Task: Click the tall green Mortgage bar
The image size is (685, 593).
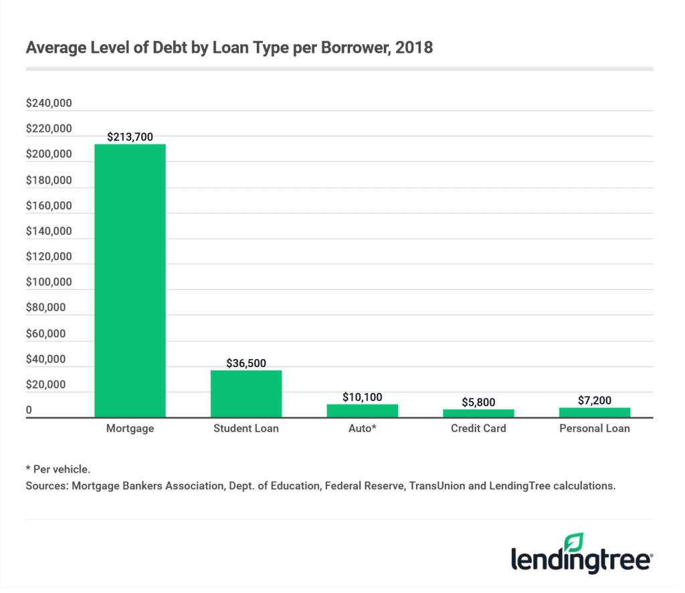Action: click(x=130, y=281)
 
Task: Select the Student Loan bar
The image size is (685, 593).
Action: click(x=246, y=394)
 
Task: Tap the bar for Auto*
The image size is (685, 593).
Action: click(x=362, y=410)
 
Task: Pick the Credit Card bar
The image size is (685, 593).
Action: click(x=478, y=413)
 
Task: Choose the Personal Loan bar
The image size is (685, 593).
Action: click(x=594, y=412)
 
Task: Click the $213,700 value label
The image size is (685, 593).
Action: click(x=130, y=137)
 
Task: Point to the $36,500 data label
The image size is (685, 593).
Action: click(x=246, y=364)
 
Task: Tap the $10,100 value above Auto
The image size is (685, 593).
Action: click(x=362, y=397)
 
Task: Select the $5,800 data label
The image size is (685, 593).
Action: click(x=478, y=402)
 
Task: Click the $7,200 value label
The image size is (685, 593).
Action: click(x=594, y=400)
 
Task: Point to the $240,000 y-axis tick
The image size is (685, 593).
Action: click(x=48, y=104)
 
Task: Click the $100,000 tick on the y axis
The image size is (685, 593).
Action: click(x=48, y=282)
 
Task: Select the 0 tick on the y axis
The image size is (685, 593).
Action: click(x=29, y=410)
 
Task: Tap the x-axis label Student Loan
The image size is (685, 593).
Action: click(x=246, y=429)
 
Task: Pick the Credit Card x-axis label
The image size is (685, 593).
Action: click(x=478, y=429)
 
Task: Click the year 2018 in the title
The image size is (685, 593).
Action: click(x=419, y=48)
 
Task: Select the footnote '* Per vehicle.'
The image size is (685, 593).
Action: click(x=57, y=470)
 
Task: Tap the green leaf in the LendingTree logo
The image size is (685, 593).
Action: click(x=574, y=542)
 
